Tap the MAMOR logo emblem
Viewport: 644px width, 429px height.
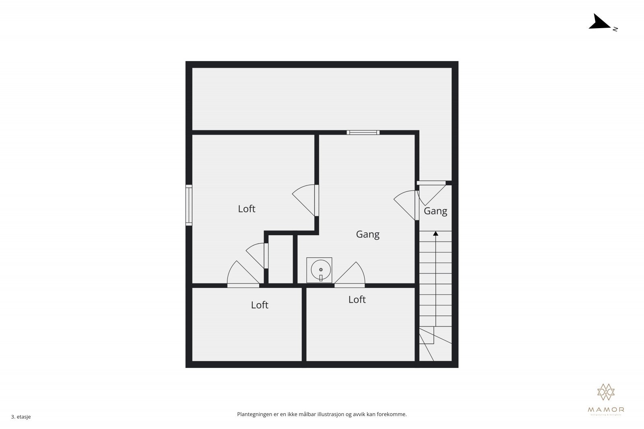click(606, 392)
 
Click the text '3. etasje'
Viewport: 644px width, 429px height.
click(21, 417)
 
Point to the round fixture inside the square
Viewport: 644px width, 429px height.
click(321, 269)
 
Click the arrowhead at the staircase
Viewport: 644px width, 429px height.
click(436, 233)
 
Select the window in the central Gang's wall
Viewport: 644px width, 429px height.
click(363, 132)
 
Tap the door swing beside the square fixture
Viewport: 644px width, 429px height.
click(350, 275)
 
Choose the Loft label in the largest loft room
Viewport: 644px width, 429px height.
click(247, 209)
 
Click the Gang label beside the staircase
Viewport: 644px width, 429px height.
click(436, 211)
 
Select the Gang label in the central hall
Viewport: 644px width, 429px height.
click(367, 234)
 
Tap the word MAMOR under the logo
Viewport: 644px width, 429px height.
click(606, 410)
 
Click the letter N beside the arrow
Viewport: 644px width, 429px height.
click(615, 29)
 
